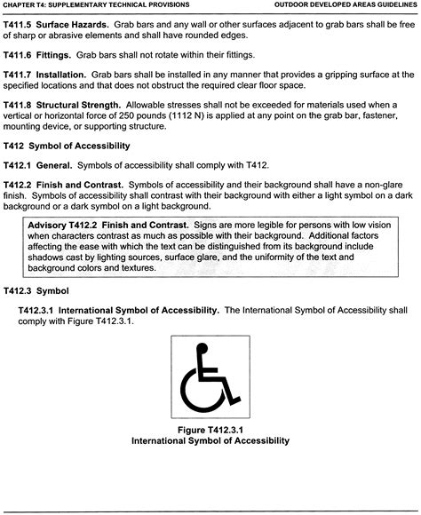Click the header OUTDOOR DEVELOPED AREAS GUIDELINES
tap(346, 5)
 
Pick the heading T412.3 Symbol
tap(39, 290)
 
